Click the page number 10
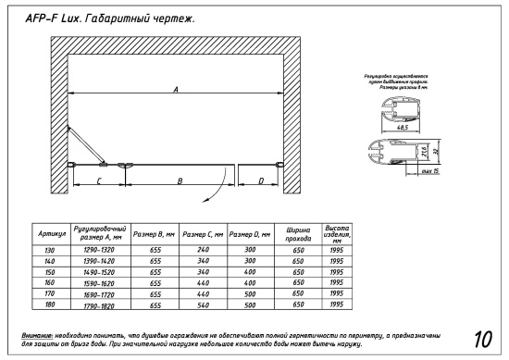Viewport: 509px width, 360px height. coord(481,337)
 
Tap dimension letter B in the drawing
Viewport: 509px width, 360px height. coord(180,180)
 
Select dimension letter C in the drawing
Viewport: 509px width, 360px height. coord(98,180)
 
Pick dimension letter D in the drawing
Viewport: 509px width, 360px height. coord(261,180)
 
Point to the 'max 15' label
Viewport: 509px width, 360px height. coord(428,171)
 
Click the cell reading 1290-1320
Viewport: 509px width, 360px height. coord(98,250)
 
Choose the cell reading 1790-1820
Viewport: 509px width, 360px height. coord(98,304)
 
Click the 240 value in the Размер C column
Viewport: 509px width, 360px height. coord(201,250)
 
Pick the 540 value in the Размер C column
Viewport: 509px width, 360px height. coord(201,304)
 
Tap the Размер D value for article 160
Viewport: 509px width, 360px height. coord(249,282)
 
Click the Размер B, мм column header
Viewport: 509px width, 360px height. coord(151,234)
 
